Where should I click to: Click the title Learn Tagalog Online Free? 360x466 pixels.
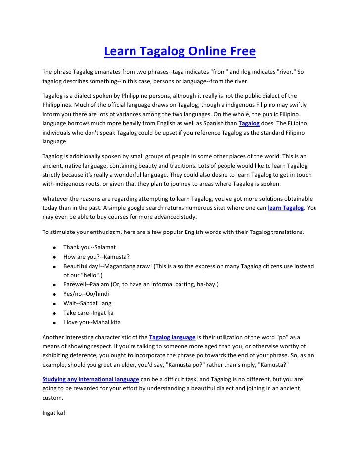point(180,51)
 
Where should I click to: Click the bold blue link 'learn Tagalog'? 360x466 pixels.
point(285,208)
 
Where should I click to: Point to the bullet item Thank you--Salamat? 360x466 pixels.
point(89,247)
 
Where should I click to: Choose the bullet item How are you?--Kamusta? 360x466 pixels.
point(96,256)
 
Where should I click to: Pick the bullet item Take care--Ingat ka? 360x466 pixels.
point(89,313)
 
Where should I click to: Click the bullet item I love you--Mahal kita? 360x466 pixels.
point(92,323)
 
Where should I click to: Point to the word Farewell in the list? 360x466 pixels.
point(75,285)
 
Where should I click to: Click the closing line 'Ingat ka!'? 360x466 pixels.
point(53,412)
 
